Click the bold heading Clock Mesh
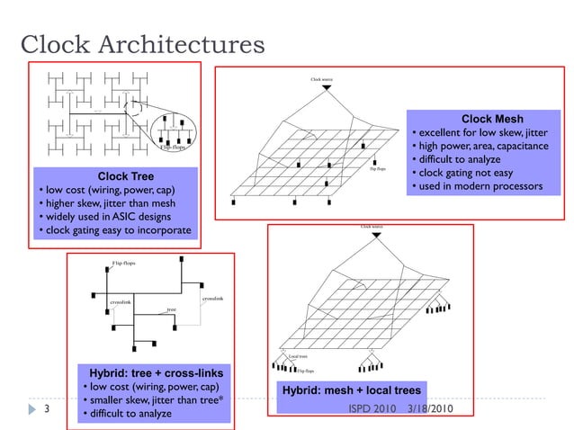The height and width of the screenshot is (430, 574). pos(491,119)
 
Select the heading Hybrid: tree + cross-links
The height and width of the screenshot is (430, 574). pos(156,372)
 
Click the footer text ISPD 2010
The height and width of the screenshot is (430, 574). pos(372,409)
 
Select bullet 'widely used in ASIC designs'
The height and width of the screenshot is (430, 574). pos(112,219)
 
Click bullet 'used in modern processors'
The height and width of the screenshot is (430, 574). pos(477,186)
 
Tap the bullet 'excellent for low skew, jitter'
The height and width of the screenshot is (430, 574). pos(480,133)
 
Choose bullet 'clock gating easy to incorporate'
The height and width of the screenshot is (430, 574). pos(117,232)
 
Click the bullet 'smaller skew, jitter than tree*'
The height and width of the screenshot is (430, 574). pos(153,400)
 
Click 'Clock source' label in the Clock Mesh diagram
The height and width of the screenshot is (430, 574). pos(321,79)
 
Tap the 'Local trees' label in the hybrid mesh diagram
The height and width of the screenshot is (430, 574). pos(297,357)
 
